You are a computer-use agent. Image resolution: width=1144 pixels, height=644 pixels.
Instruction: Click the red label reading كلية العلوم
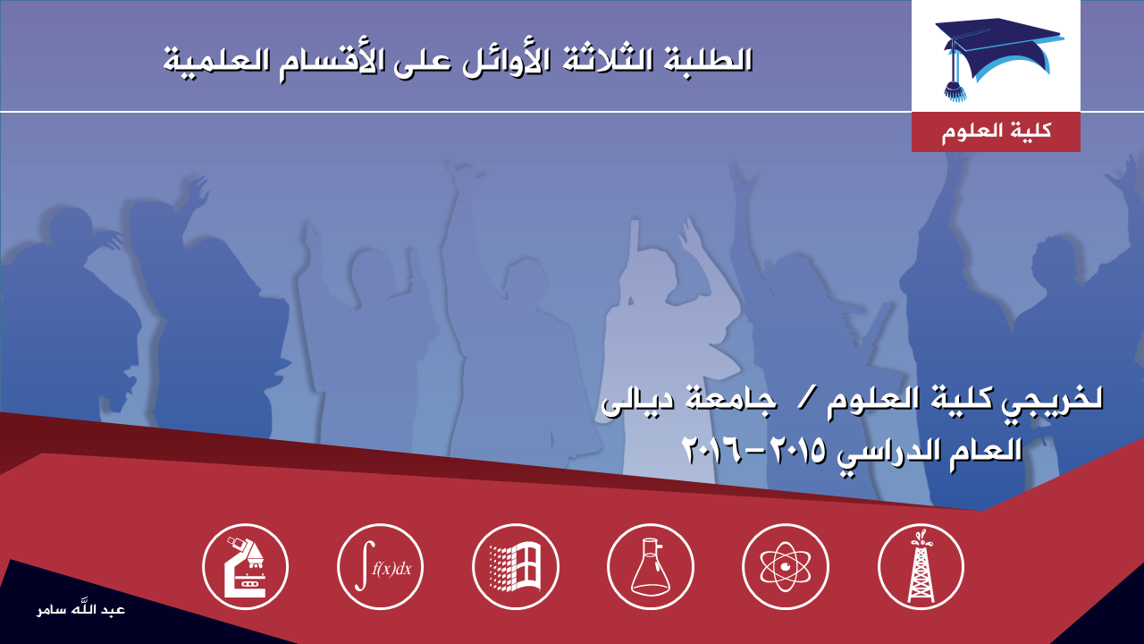[x=996, y=131]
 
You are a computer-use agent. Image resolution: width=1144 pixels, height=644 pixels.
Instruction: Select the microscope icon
[x=245, y=567]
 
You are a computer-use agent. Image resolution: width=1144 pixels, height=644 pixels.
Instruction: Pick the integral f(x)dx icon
[x=381, y=567]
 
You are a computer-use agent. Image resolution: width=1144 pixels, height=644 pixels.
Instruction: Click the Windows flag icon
[x=516, y=567]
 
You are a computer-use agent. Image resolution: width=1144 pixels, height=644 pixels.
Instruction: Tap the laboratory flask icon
[x=651, y=567]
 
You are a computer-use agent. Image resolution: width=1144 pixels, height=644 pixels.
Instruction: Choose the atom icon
[x=786, y=567]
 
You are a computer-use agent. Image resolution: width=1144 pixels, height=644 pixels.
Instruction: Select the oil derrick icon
[x=921, y=567]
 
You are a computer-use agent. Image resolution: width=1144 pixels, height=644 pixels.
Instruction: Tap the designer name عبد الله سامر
[x=80, y=609]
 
